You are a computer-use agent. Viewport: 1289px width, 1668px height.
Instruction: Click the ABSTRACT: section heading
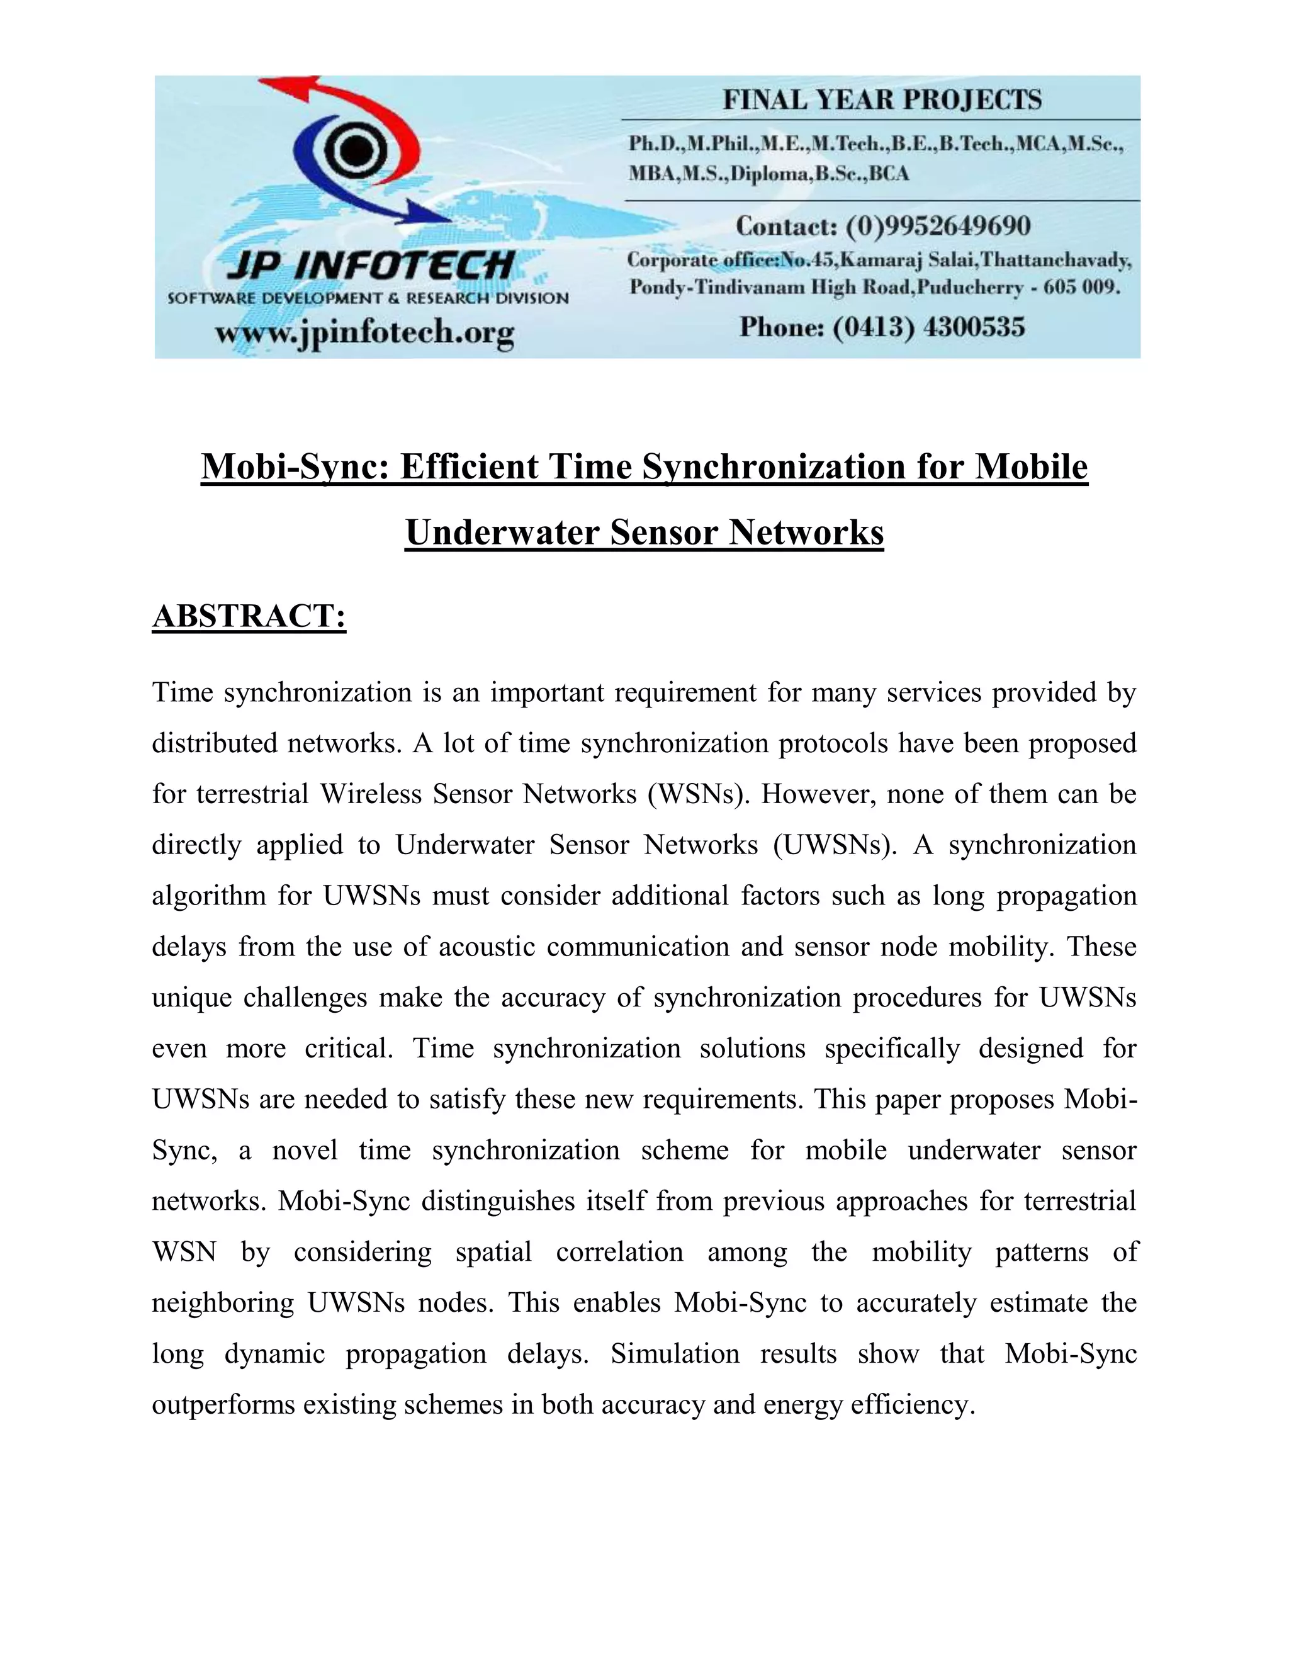pyautogui.click(x=249, y=616)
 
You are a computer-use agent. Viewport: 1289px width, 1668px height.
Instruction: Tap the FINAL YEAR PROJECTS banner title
pyautogui.click(x=882, y=100)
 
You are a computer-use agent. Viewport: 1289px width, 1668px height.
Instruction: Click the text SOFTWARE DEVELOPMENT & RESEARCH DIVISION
pyautogui.click(x=368, y=298)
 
